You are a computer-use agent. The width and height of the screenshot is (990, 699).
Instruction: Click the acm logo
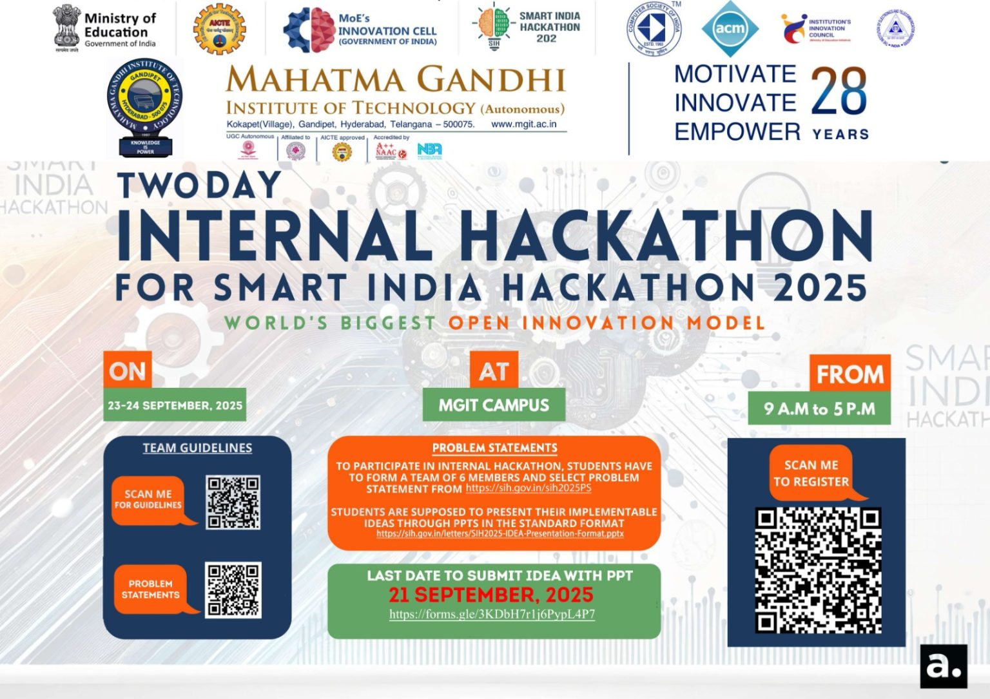pos(730,28)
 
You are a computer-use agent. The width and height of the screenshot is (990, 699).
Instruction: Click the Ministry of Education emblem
pos(66,27)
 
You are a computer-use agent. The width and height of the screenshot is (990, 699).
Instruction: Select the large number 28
pos(839,92)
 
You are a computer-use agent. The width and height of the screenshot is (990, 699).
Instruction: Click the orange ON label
pos(127,370)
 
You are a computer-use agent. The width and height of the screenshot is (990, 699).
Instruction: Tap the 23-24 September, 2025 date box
pos(175,405)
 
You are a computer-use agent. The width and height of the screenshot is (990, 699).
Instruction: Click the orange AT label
pos(494,370)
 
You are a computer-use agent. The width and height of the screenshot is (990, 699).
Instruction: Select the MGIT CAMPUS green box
pos(494,405)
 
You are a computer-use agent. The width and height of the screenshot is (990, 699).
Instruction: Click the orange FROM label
pos(849,374)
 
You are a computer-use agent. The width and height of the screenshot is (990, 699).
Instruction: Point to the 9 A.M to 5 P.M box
pos(819,408)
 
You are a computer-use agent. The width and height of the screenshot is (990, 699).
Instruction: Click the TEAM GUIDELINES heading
pos(197,448)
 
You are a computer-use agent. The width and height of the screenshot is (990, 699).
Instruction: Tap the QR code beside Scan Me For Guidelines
pos(233,503)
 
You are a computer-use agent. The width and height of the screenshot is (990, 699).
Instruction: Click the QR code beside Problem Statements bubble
pos(233,589)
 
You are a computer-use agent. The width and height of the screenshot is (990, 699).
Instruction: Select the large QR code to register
pos(818,570)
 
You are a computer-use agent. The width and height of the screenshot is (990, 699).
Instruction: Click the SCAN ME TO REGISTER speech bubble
pos(811,473)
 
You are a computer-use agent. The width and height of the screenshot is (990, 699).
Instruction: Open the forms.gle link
pos(492,614)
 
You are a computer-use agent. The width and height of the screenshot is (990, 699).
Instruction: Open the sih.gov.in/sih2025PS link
pos(528,488)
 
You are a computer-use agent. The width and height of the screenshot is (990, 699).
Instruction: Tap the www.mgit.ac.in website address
pos(523,124)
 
